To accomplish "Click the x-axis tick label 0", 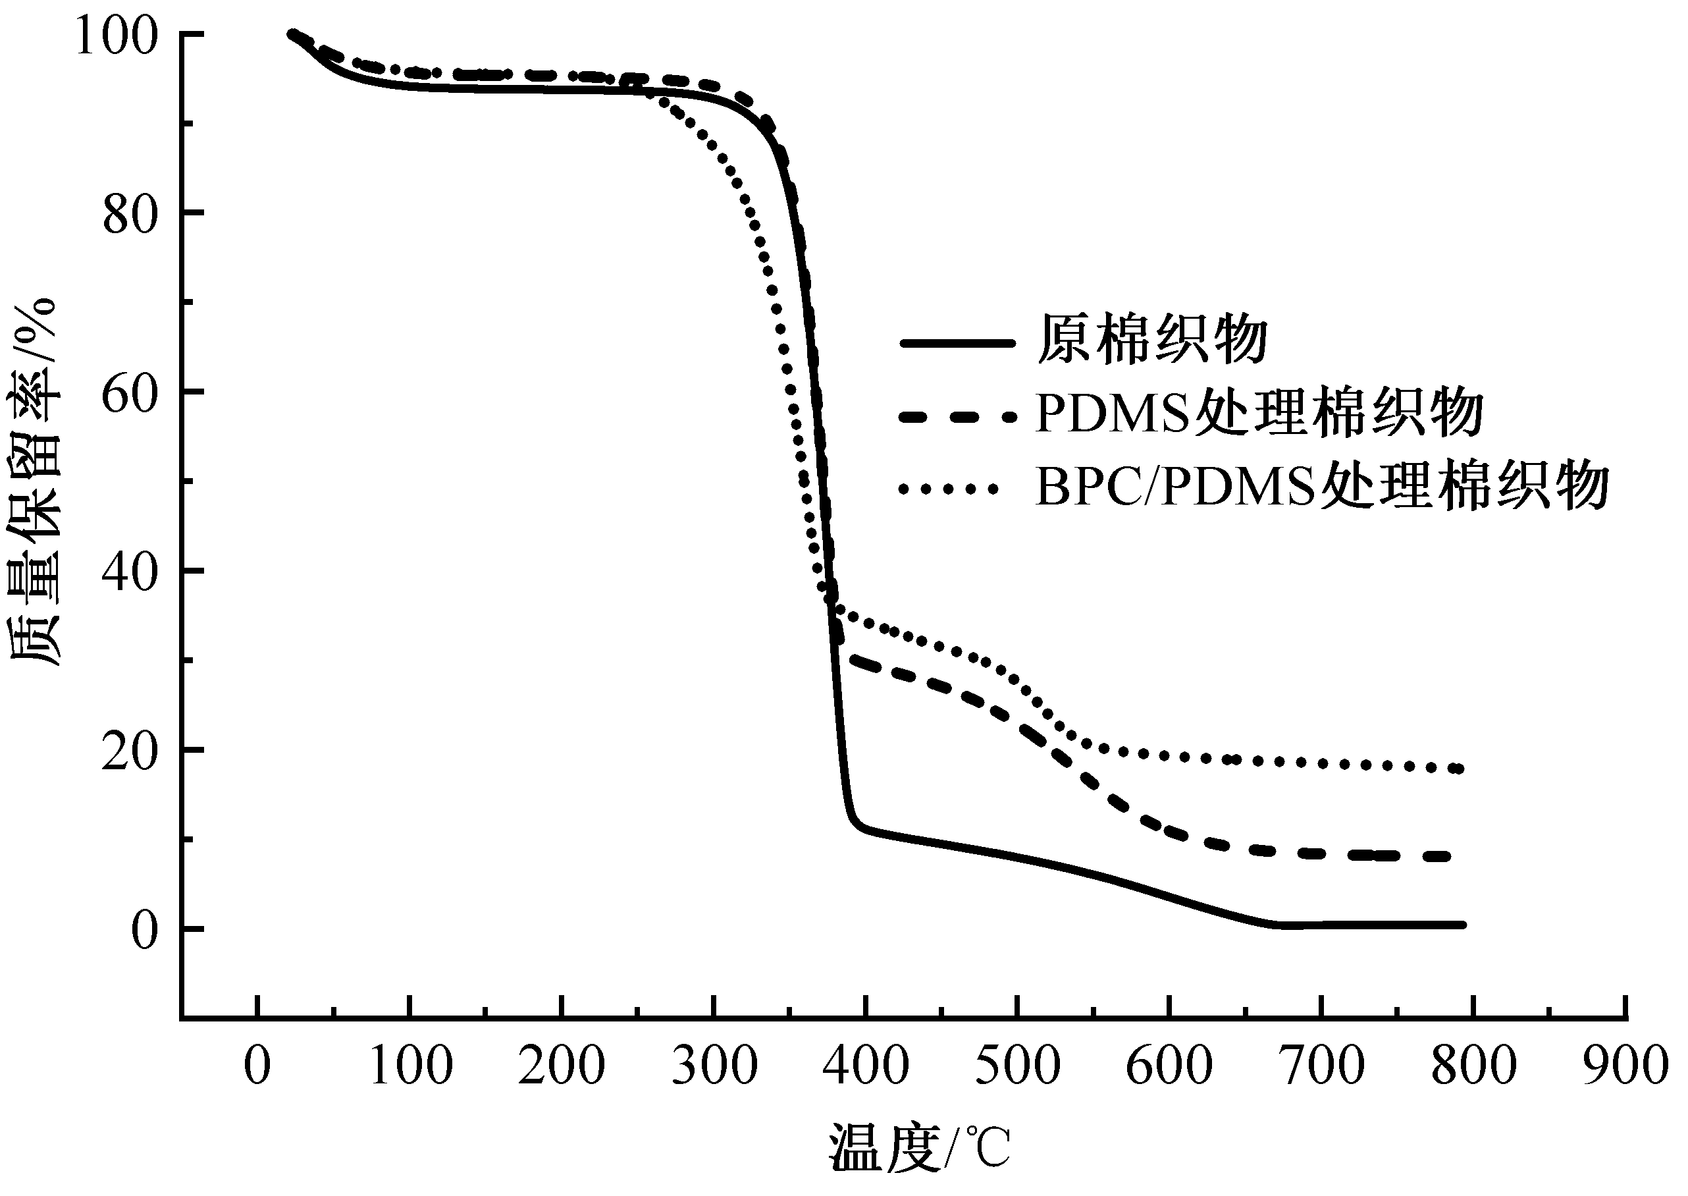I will click(257, 1066).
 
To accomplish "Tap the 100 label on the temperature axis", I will click(410, 1066).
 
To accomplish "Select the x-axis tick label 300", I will click(714, 1066).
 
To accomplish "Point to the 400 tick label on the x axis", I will click(866, 1066).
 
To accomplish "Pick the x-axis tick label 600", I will click(1170, 1066).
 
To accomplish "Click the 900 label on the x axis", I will click(1625, 1066).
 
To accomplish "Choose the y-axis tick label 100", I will click(117, 37).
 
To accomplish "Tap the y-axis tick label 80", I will click(130, 215).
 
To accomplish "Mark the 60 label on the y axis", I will click(130, 394).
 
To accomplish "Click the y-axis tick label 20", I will click(130, 753).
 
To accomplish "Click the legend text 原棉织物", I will click(1152, 340).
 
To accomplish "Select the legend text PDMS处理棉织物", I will click(1259, 412).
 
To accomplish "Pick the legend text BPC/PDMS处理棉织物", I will click(1322, 486).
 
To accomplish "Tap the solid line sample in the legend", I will click(957, 342).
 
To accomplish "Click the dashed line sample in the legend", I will click(957, 417).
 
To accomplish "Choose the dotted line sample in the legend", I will click(949, 487).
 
